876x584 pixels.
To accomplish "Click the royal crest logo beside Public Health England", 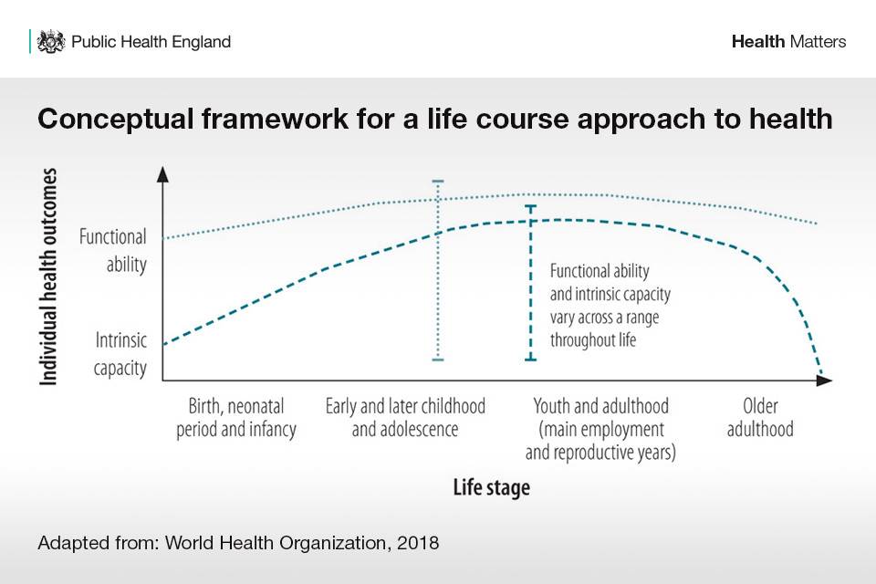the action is click(51, 42).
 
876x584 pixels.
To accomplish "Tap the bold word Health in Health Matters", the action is click(758, 41).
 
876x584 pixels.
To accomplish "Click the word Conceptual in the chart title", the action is click(116, 120).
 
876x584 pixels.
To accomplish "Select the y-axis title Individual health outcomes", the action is click(48, 276).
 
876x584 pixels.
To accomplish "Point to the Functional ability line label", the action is click(113, 250).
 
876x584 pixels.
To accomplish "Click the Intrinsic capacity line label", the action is click(120, 354).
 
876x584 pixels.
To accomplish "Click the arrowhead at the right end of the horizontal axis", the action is click(824, 381).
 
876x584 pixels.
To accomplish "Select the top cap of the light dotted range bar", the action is click(438, 181).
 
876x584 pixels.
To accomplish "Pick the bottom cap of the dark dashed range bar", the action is click(531, 360).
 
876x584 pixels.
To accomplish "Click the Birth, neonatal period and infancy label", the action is click(236, 418).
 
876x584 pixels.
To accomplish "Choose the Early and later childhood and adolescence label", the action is click(405, 418).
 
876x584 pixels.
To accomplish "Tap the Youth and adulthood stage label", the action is click(600, 429).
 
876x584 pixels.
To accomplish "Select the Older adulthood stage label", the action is click(760, 418).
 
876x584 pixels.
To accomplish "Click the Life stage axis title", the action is click(492, 487).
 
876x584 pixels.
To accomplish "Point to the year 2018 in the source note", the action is click(418, 543).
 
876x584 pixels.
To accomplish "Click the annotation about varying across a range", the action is click(610, 306).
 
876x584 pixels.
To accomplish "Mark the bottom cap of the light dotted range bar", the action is click(438, 360).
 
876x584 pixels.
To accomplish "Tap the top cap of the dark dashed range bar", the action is click(531, 207).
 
